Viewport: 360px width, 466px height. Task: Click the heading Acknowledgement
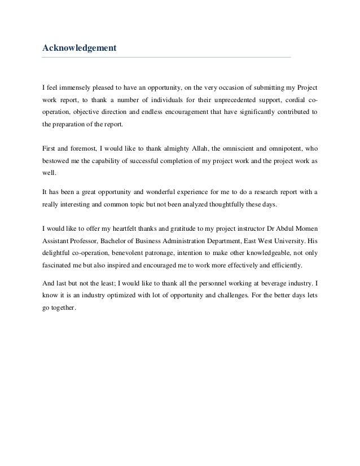(80, 49)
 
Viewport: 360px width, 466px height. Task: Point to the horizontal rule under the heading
(167, 58)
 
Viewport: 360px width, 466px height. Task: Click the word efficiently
(284, 265)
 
